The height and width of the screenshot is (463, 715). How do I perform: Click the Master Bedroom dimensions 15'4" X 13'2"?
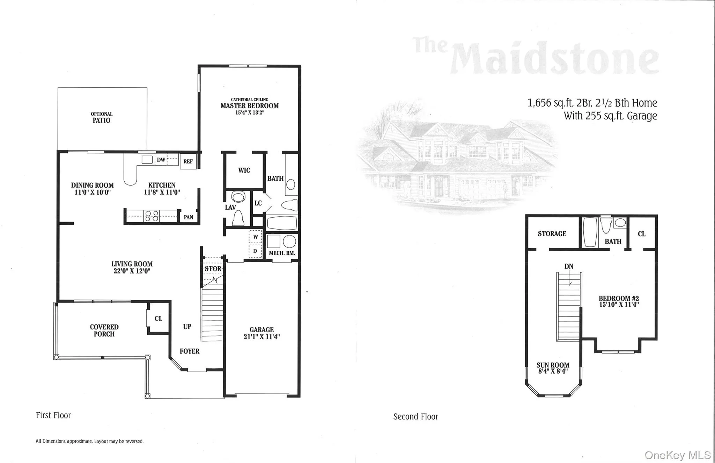[x=250, y=113]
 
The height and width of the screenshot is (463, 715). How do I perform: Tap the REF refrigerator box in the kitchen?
[x=188, y=161]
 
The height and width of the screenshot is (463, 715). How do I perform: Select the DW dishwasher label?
[x=161, y=160]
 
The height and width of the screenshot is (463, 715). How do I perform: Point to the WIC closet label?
[x=244, y=171]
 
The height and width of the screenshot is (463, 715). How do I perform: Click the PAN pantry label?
[x=189, y=217]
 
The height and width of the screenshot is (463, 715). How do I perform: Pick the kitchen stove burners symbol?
[x=152, y=216]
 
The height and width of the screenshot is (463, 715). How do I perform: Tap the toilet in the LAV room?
[x=239, y=218]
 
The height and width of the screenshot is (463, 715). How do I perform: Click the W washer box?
[x=256, y=237]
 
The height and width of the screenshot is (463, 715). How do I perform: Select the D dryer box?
[x=255, y=251]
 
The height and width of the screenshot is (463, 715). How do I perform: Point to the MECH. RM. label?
[x=282, y=253]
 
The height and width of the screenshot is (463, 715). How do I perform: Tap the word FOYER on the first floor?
[x=190, y=351]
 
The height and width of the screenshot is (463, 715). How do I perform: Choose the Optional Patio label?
[x=102, y=117]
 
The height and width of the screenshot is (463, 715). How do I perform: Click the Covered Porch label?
[x=104, y=331]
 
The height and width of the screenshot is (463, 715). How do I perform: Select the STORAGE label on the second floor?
[x=552, y=234]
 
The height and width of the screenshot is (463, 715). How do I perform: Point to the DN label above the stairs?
[x=569, y=266]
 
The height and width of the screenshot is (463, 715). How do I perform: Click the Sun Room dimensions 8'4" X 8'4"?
[x=553, y=371]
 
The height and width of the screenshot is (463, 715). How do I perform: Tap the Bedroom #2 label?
[x=619, y=298]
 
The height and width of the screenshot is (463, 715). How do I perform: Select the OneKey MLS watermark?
[x=678, y=455]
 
